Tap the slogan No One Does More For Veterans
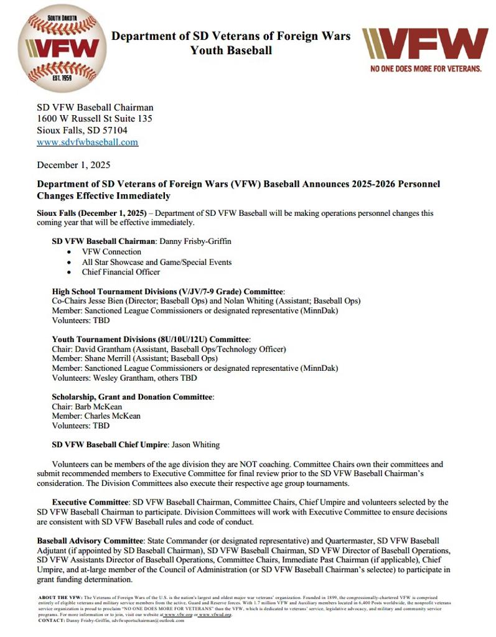[x=426, y=68]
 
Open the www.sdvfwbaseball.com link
[x=87, y=142]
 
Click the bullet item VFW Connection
[x=111, y=251]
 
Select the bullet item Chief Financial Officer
[x=121, y=272]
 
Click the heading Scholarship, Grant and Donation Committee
[x=133, y=396]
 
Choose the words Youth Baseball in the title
[x=231, y=50]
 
